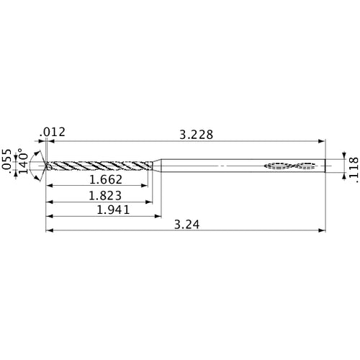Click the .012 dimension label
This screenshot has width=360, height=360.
click(x=55, y=132)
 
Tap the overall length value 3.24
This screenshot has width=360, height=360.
click(x=188, y=224)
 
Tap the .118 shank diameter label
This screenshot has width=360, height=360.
click(x=352, y=165)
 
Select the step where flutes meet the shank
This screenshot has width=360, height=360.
click(x=157, y=166)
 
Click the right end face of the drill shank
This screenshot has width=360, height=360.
click(x=325, y=166)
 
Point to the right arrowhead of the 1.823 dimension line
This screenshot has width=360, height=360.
click(x=152, y=201)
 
